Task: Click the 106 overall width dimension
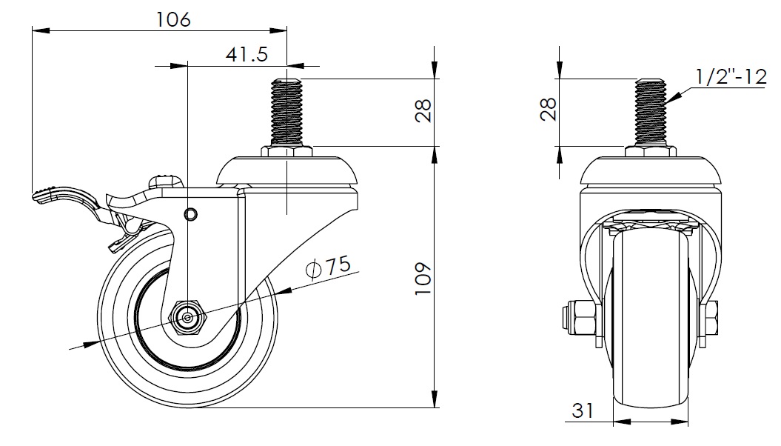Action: [173, 19]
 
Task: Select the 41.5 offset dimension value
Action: [247, 54]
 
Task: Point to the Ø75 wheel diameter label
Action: [328, 267]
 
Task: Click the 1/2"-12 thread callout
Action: [731, 77]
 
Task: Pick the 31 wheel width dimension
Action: [583, 410]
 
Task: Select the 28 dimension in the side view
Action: [423, 110]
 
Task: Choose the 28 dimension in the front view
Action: [548, 109]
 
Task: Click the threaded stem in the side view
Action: [287, 113]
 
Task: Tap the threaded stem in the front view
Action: [651, 113]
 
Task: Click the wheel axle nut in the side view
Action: [188, 317]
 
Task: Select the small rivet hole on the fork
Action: [190, 215]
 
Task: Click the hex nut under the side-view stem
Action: [287, 151]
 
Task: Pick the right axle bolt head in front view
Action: [711, 319]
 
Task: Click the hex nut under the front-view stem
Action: [651, 151]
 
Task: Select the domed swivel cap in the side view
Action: [287, 171]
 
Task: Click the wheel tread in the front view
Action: [651, 319]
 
